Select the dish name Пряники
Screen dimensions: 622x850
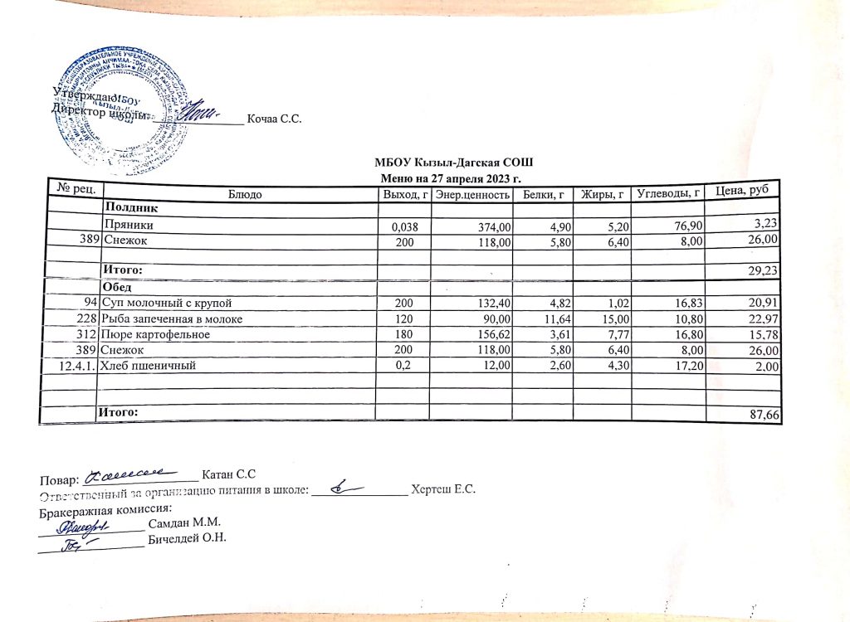click(x=128, y=224)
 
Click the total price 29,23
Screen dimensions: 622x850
click(x=764, y=270)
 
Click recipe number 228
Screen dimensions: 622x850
click(x=88, y=319)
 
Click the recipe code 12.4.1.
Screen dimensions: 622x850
click(x=73, y=366)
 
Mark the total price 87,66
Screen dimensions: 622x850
click(x=765, y=414)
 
